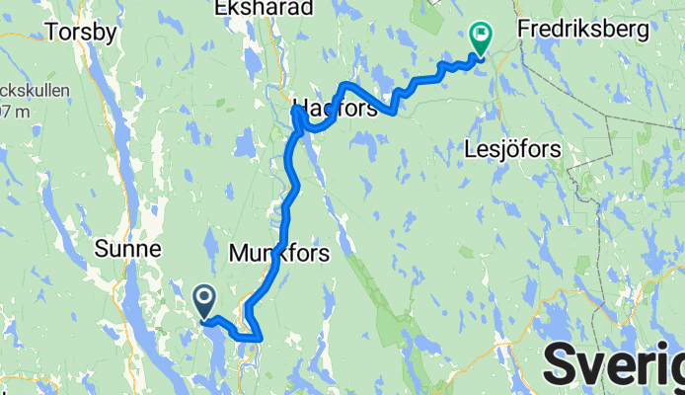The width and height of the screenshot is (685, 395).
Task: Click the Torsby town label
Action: pyautogui.click(x=81, y=32)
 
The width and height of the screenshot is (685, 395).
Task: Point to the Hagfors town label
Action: pyautogui.click(x=336, y=109)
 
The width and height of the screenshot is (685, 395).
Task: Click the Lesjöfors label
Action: pyautogui.click(x=511, y=150)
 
